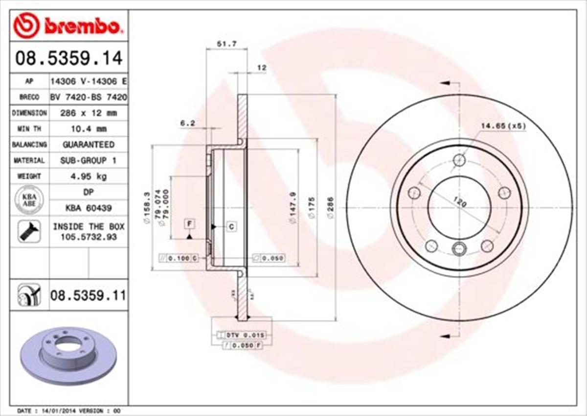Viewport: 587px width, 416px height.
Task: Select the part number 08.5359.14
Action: [x=68, y=58]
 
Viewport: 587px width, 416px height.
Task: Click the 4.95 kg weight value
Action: [x=89, y=176]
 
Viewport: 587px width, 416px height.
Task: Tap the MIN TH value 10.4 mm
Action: [x=89, y=129]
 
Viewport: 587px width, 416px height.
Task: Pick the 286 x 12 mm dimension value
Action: [x=89, y=113]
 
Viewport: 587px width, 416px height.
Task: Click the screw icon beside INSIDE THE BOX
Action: [x=29, y=232]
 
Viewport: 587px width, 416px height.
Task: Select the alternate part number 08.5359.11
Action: [x=88, y=295]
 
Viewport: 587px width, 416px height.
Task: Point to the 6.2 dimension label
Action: [x=187, y=123]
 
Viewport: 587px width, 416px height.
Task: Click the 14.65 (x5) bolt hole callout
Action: [x=502, y=126]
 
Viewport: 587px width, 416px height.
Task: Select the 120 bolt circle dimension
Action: [x=459, y=202]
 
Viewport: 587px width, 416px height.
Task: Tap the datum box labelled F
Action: [x=189, y=224]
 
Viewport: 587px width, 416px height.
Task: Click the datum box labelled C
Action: [x=231, y=226]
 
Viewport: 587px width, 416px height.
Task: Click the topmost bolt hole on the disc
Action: [x=459, y=160]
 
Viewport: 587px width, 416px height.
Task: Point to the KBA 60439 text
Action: [x=89, y=208]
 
